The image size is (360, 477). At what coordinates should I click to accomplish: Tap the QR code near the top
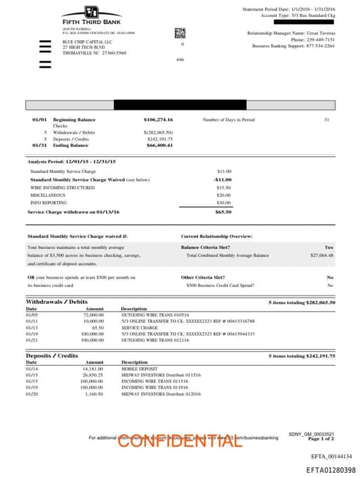179,32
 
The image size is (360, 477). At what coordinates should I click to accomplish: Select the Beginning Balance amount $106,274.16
158,120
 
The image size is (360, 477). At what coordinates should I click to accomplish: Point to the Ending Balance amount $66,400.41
160,145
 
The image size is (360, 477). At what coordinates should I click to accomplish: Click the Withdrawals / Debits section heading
57,302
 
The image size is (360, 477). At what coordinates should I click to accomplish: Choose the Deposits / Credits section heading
52,356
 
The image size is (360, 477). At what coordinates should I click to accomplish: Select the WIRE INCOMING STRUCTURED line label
62,188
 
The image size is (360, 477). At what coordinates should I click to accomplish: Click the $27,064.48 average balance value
321,255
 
